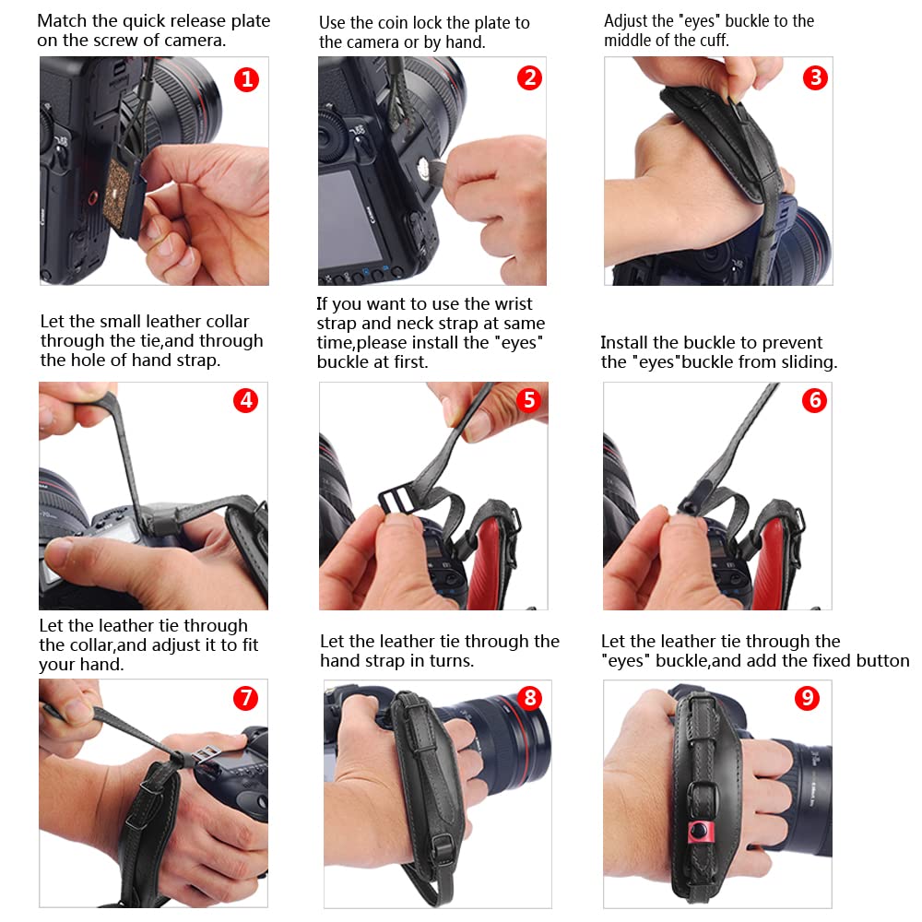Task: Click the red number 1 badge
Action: (x=247, y=79)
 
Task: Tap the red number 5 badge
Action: (x=529, y=400)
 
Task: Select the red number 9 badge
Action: (x=807, y=698)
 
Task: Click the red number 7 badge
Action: (x=246, y=698)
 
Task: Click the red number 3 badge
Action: (x=815, y=77)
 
